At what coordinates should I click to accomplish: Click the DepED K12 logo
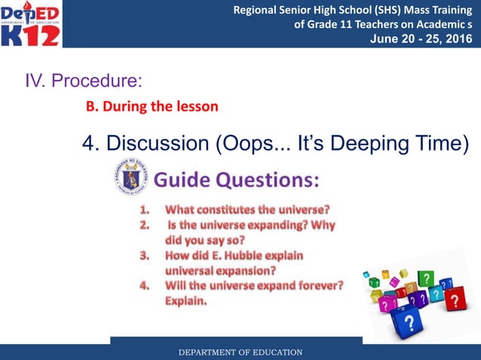tap(32, 24)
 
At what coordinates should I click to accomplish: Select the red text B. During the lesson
tap(152, 106)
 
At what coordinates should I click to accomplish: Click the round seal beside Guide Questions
tap(130, 177)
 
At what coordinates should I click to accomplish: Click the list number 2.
tap(144, 225)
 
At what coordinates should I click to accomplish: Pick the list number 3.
tap(144, 255)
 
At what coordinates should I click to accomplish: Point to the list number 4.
tap(144, 285)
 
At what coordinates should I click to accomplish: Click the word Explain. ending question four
tap(186, 301)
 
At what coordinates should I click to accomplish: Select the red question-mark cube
tap(454, 301)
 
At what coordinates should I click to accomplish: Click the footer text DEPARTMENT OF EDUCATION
tap(240, 352)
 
